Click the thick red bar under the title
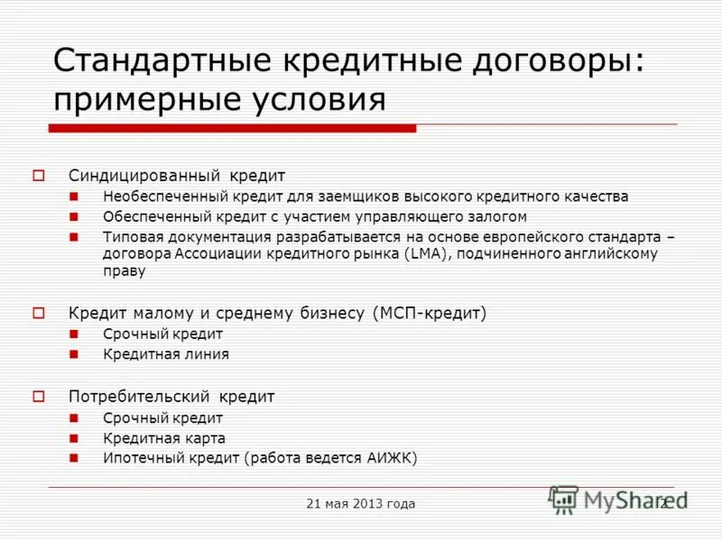232,129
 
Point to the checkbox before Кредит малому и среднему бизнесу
40,313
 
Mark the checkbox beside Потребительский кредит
40,396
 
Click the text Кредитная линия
166,354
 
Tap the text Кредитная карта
164,438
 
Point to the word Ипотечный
136,458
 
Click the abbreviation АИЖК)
391,458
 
